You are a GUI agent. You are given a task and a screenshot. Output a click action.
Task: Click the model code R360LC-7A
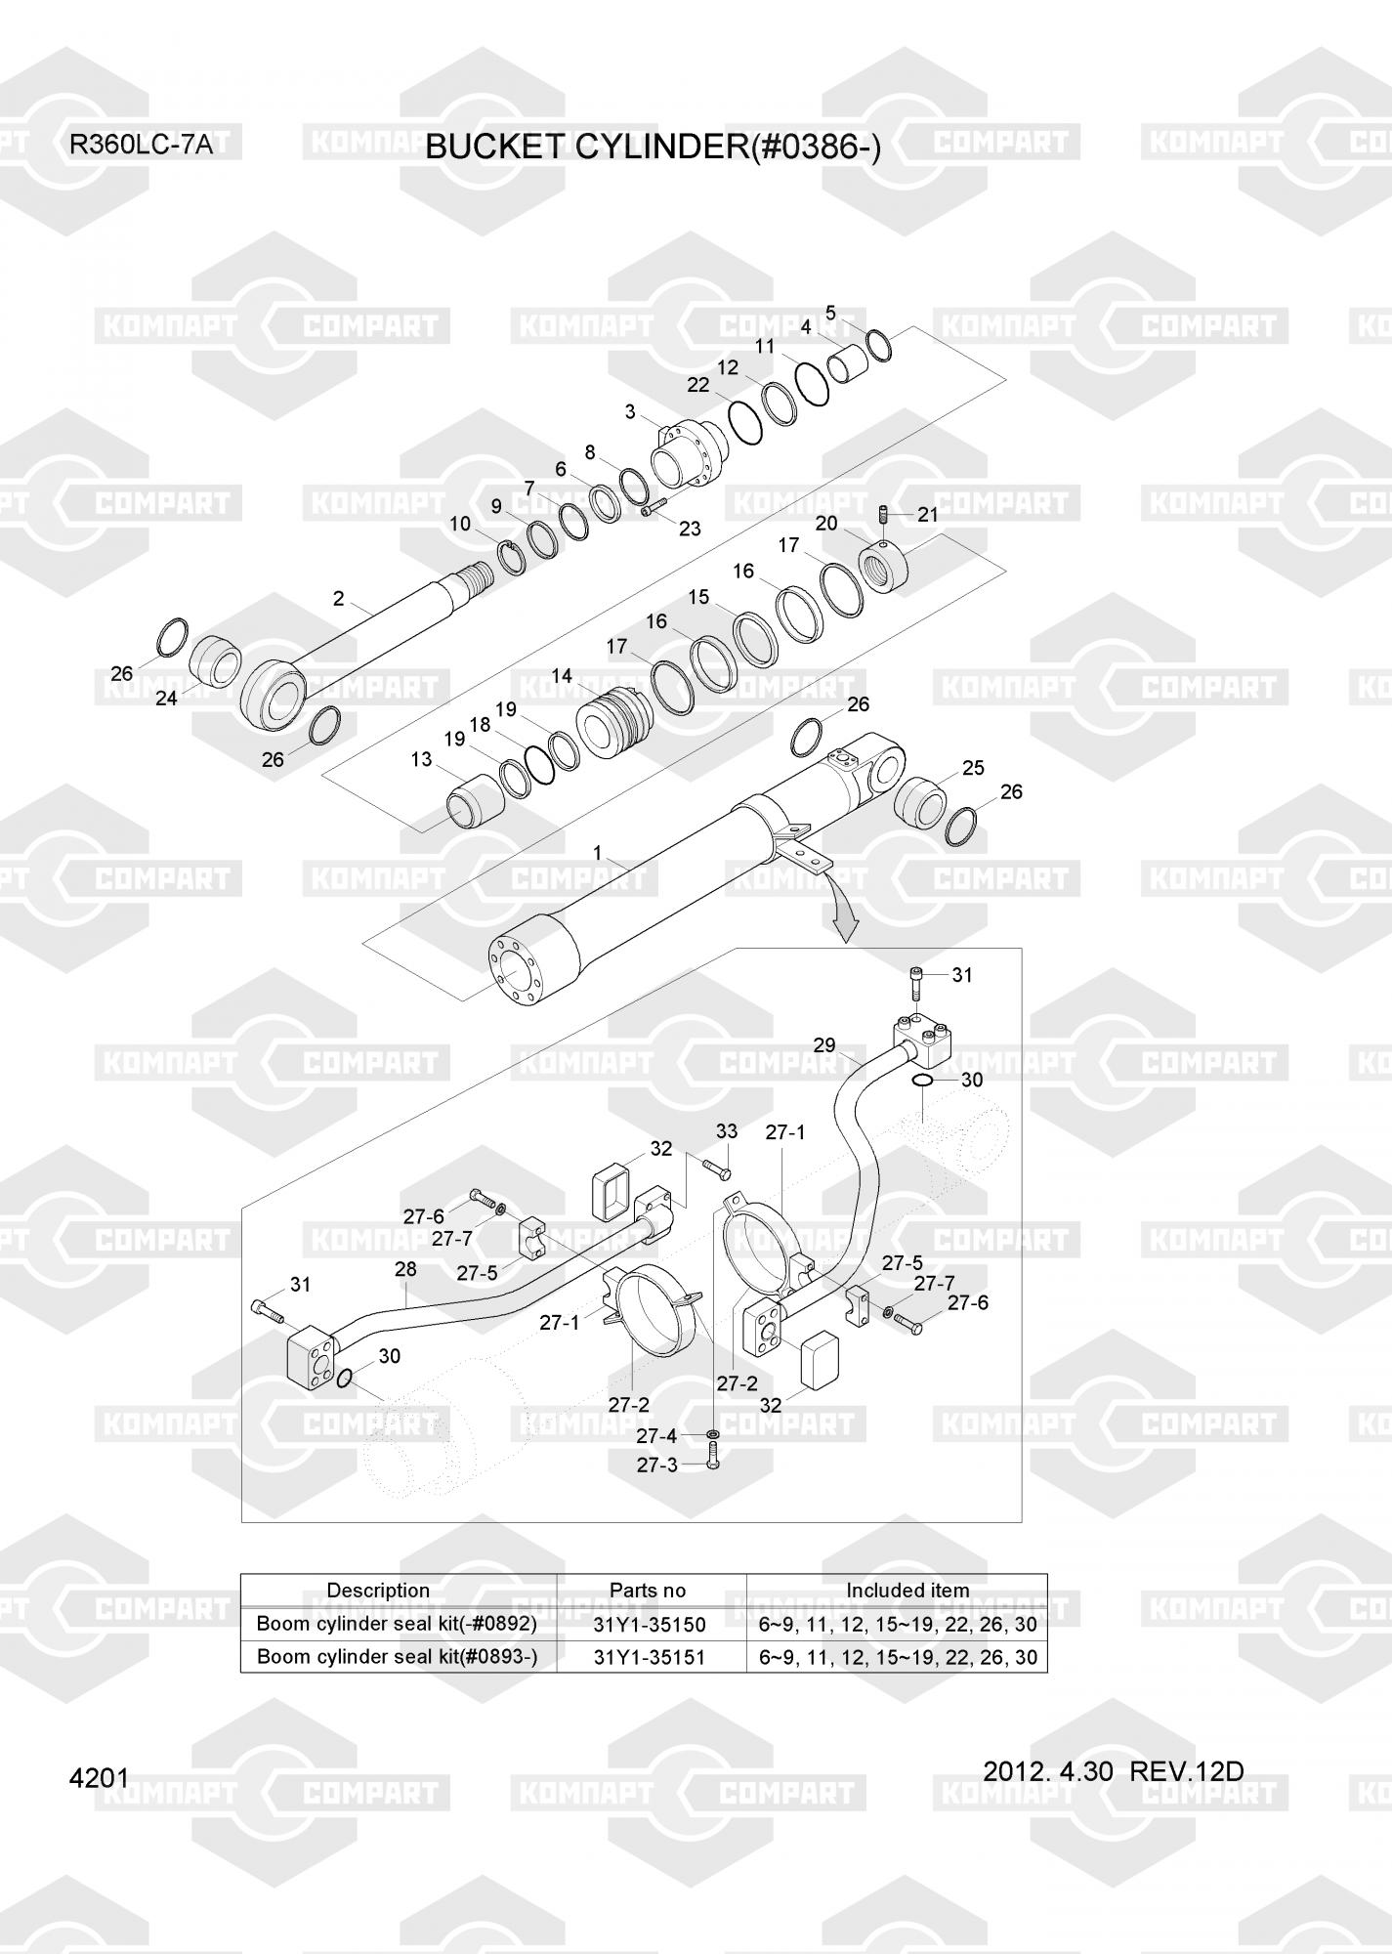(141, 146)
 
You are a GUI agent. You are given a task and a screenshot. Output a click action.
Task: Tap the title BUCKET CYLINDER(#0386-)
(654, 147)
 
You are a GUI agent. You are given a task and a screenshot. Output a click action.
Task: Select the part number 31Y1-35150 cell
(650, 1625)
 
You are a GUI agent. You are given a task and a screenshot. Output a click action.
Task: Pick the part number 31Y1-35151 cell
(650, 1657)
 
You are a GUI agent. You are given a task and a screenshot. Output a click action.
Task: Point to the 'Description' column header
(378, 1591)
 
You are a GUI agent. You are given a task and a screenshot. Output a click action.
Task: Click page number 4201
(99, 1778)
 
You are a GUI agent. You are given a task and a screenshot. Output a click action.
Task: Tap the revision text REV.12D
(1187, 1770)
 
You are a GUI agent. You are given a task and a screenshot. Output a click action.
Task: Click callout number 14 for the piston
(562, 676)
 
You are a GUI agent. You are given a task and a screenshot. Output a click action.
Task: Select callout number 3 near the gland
(631, 412)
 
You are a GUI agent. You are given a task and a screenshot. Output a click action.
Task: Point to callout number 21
(927, 514)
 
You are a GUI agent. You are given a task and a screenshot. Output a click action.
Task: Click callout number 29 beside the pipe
(824, 1045)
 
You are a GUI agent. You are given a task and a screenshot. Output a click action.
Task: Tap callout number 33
(727, 1131)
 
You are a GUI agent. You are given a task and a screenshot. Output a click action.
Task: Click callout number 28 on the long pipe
(405, 1268)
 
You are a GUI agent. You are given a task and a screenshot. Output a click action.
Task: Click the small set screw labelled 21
(884, 513)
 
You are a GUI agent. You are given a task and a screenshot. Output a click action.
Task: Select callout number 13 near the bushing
(421, 759)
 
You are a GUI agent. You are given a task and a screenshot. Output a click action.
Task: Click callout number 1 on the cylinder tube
(598, 853)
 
